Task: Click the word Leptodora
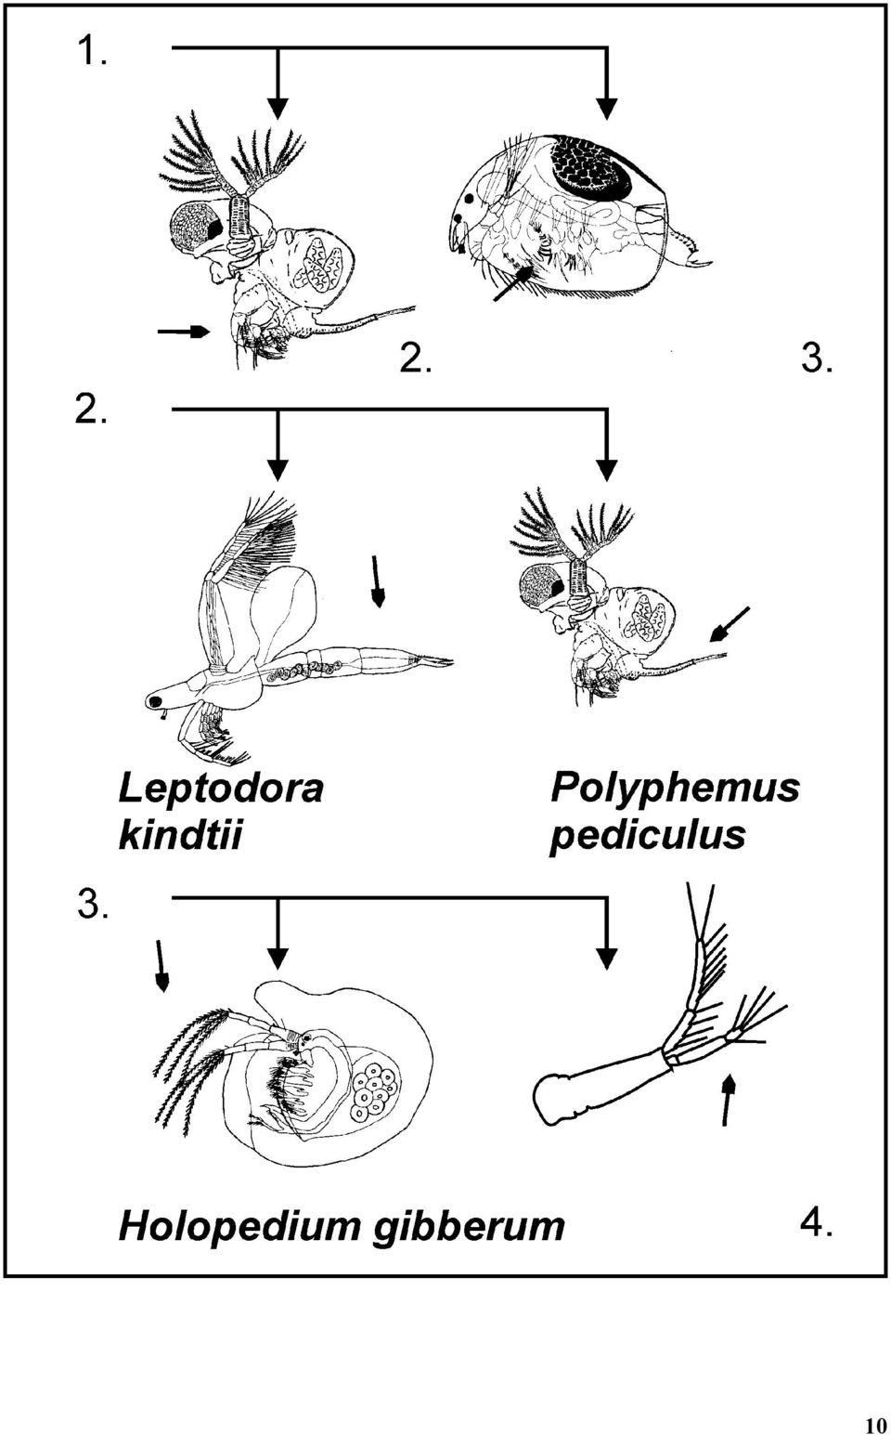point(221,789)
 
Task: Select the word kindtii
point(179,837)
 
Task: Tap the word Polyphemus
point(676,789)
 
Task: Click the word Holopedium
point(239,1227)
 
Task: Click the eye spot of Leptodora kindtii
point(156,701)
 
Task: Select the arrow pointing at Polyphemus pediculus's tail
point(730,623)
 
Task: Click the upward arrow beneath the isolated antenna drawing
point(727,1100)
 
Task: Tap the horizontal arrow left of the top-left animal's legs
point(184,332)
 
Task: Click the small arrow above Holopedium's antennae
point(161,966)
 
